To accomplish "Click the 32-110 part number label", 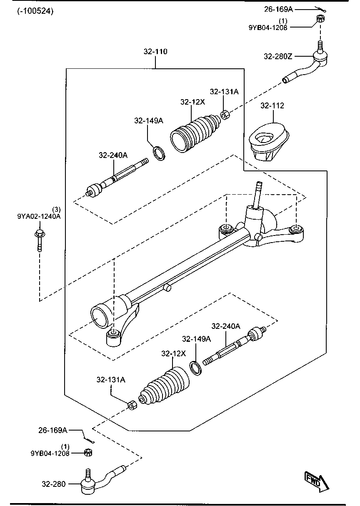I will [155, 52].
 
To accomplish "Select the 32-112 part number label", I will [272, 105].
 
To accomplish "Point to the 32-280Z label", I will [277, 56].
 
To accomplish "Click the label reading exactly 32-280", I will [53, 484].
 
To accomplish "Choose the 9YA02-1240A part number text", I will [39, 216].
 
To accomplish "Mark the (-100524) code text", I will [35, 11].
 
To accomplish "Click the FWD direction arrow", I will [317, 481].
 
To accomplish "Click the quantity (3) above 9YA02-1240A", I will [56, 209].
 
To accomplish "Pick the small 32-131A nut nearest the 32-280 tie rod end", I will [131, 405].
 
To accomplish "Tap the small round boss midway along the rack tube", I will [167, 287].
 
